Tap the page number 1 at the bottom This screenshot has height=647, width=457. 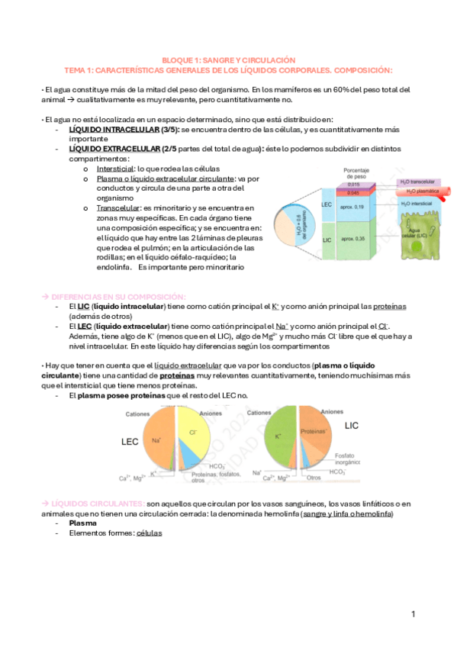[413, 614]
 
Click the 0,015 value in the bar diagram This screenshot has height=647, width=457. [352, 185]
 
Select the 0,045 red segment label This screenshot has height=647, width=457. [352, 193]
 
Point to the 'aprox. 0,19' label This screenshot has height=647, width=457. [352, 207]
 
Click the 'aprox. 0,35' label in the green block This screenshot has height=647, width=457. [352, 240]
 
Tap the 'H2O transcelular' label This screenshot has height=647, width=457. [417, 182]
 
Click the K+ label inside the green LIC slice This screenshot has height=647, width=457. [279, 436]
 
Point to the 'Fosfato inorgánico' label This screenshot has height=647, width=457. [349, 459]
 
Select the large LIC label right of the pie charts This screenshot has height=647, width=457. [352, 425]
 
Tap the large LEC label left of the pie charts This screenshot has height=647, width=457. [130, 442]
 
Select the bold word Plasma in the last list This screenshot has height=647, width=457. [83, 523]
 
